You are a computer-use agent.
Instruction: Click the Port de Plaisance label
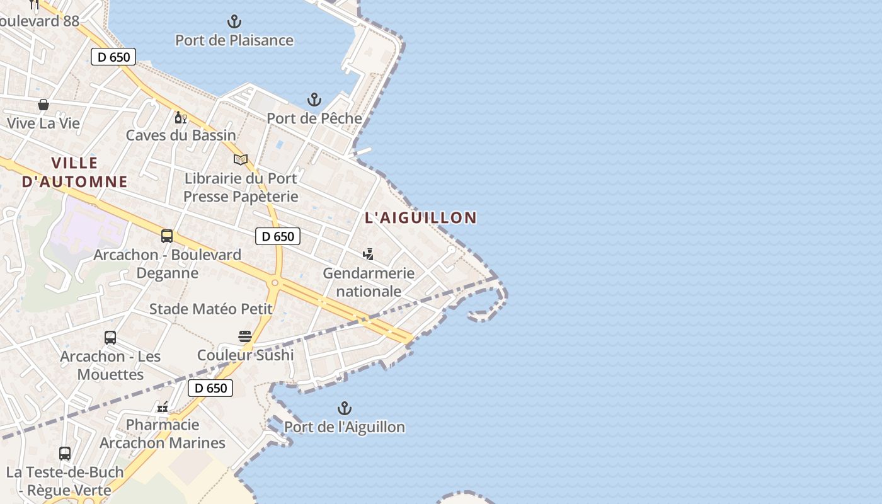234,40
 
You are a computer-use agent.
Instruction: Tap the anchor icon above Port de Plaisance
234,22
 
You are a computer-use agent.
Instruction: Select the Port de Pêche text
314,118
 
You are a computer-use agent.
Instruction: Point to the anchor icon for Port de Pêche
314,100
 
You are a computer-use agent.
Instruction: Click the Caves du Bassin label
181,135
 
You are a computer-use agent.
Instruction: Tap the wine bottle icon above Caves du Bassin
180,117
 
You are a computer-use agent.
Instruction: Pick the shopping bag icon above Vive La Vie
43,105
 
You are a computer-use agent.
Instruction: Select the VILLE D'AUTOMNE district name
74,173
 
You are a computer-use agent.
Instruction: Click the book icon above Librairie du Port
241,159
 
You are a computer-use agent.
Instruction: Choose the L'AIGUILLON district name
421,218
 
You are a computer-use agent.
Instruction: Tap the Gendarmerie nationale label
369,282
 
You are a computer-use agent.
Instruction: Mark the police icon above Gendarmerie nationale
369,255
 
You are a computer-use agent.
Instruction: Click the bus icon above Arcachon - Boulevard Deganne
167,236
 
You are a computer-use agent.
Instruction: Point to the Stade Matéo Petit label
210,309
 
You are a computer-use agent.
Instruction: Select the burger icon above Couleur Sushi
245,336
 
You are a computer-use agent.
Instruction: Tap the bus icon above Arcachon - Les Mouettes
110,338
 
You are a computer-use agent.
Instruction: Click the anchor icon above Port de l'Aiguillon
345,408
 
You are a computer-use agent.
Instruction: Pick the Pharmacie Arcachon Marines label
163,433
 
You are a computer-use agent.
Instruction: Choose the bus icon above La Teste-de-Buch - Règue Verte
65,453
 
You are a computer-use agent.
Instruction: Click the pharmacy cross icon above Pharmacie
163,406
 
